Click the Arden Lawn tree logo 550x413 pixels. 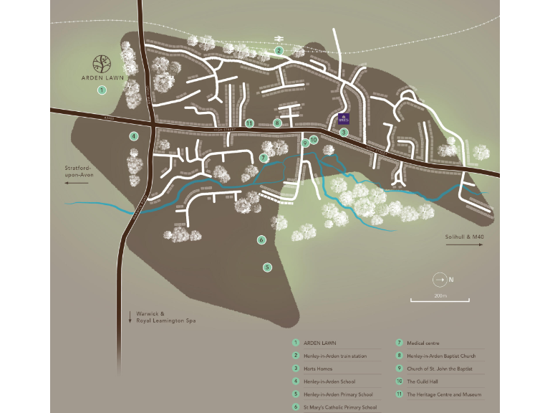(x=102, y=62)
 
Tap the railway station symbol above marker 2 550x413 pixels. (x=277, y=39)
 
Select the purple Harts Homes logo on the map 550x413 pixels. (x=343, y=119)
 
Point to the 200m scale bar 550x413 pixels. (x=439, y=299)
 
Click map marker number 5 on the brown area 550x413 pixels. (x=267, y=267)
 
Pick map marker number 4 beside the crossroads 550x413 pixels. (x=133, y=136)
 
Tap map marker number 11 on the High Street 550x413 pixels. (x=249, y=123)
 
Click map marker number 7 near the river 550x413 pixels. (x=264, y=157)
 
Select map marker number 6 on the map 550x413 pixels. (x=261, y=239)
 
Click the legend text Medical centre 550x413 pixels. (x=423, y=343)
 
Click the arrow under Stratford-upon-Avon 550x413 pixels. (x=77, y=184)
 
